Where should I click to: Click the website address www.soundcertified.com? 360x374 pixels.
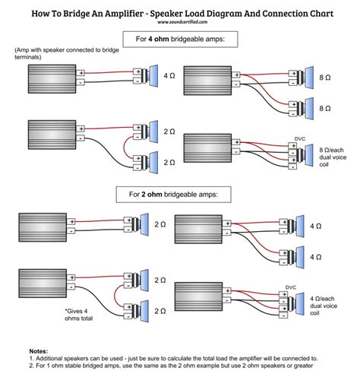tap(182, 22)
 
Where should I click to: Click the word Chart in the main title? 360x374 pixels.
tap(322, 13)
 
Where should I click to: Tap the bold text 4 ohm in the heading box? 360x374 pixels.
tap(159, 39)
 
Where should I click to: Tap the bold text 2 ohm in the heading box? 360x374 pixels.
tap(152, 195)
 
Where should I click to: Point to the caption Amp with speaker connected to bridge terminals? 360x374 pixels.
tap(67, 53)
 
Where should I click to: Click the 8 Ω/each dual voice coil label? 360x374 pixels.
tap(333, 157)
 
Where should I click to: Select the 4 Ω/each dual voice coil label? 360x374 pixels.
tap(324, 306)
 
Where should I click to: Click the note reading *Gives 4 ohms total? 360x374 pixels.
tap(79, 315)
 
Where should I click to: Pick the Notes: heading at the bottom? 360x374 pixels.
tap(39, 351)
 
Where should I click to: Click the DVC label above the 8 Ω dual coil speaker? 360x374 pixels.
tap(300, 139)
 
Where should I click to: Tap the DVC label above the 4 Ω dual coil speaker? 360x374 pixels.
tap(291, 287)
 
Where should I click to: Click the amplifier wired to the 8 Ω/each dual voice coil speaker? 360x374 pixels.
tap(207, 148)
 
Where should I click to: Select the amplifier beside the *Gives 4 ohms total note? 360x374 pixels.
tap(43, 284)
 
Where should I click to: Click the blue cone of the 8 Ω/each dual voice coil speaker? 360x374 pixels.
tap(309, 155)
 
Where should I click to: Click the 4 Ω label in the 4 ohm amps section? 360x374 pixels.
tap(169, 75)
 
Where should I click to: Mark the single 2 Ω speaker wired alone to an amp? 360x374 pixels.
tap(136, 224)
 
